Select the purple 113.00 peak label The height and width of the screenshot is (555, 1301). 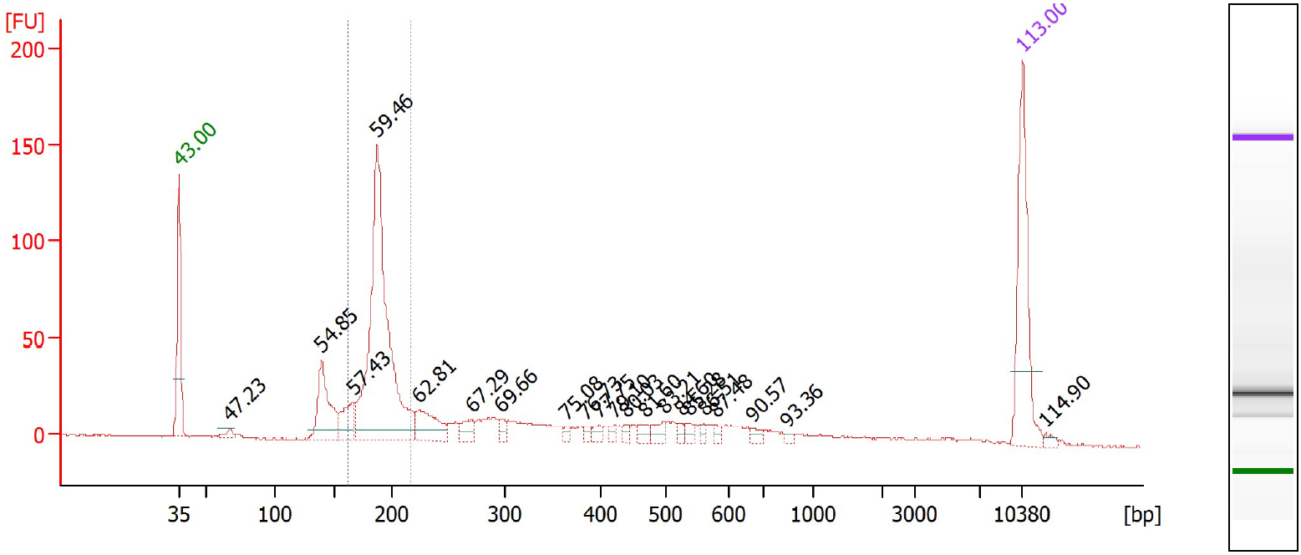pyautogui.click(x=1041, y=28)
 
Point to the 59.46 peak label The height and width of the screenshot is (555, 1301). pyautogui.click(x=392, y=115)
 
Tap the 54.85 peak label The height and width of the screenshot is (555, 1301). pyautogui.click(x=336, y=330)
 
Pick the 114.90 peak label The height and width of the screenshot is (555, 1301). pyautogui.click(x=1065, y=401)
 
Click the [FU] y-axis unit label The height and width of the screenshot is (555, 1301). pyautogui.click(x=25, y=22)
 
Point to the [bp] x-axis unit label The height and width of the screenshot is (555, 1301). pyautogui.click(x=1142, y=513)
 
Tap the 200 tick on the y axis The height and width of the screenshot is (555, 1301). pyautogui.click(x=30, y=48)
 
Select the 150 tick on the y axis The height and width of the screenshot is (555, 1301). pyautogui.click(x=30, y=145)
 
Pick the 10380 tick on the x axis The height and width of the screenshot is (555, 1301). pyautogui.click(x=1022, y=513)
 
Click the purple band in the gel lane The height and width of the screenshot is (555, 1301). pyautogui.click(x=1263, y=137)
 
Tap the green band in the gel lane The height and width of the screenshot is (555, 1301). pyautogui.click(x=1263, y=471)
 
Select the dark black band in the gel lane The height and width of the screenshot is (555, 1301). pyautogui.click(x=1263, y=393)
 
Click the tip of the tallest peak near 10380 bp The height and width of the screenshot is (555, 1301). pyautogui.click(x=1022, y=61)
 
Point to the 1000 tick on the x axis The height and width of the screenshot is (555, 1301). pyautogui.click(x=812, y=513)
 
